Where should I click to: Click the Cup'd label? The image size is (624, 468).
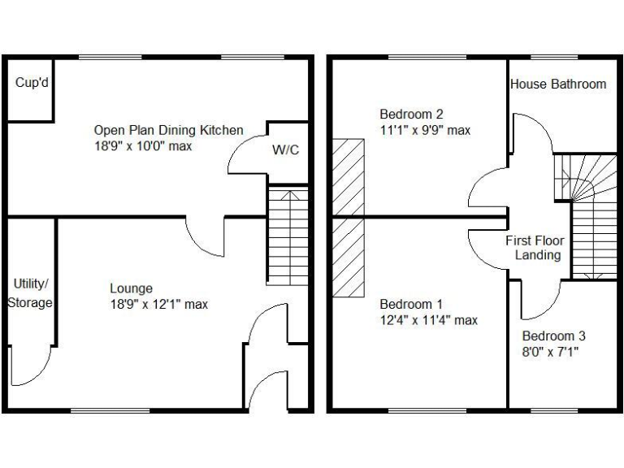[x=30, y=83]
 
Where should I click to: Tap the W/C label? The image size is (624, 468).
[x=284, y=149]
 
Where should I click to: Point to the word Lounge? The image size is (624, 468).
[x=131, y=288]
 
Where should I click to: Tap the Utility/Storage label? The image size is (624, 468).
[x=30, y=293]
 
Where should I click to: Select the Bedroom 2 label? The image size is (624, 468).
[x=411, y=114]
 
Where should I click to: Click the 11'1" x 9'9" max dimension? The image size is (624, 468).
[x=425, y=130]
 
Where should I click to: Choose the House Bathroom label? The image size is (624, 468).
[x=557, y=84]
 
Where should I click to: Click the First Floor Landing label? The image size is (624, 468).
[x=535, y=248]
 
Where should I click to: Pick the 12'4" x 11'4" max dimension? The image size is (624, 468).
[x=428, y=320]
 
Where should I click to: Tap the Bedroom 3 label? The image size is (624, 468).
[x=553, y=336]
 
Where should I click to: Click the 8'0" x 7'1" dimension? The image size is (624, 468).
[x=553, y=352]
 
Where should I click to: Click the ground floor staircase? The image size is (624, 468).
[x=288, y=236]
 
